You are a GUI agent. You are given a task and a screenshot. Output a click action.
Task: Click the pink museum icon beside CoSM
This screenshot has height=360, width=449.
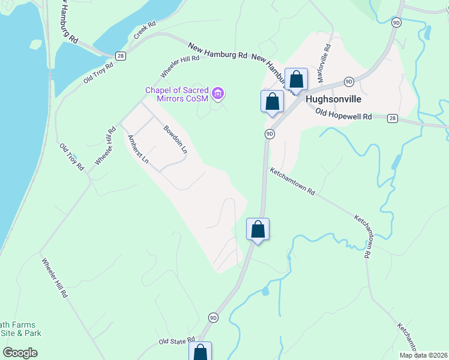click(219, 93)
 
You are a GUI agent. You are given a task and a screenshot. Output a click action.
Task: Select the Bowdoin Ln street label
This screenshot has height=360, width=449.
click(175, 139)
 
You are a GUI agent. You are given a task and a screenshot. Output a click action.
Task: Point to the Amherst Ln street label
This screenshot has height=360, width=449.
click(137, 149)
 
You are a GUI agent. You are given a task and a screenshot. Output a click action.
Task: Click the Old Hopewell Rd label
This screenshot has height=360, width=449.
click(343, 114)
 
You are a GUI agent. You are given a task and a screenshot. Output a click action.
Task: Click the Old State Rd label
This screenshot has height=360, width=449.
click(177, 340)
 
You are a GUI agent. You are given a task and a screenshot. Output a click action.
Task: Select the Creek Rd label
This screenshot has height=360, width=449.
click(145, 31)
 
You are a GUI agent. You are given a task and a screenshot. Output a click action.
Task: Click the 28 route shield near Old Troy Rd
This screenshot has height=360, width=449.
click(121, 56)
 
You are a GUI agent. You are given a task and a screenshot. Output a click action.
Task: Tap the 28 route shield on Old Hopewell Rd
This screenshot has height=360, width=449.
click(391, 118)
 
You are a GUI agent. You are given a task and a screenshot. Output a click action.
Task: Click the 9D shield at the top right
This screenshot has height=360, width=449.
click(396, 22)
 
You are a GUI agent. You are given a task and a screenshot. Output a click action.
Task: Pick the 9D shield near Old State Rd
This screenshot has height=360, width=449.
click(214, 317)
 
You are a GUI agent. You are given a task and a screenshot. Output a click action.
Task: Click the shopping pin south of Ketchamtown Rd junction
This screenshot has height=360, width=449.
click(258, 229)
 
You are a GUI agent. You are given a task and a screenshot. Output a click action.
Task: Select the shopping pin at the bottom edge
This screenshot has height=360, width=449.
click(201, 352)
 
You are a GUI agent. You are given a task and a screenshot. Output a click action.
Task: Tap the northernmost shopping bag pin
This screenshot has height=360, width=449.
click(296, 79)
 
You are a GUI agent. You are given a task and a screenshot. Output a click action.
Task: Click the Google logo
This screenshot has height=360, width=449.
click(20, 353)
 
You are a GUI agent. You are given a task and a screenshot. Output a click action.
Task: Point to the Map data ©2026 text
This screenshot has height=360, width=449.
click(423, 355)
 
